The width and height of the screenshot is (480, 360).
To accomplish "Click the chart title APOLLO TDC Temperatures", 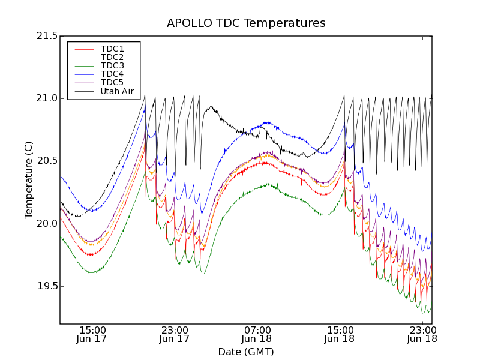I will [246, 23].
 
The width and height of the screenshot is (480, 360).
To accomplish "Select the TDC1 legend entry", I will [112, 49].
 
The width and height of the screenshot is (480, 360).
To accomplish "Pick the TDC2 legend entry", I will [112, 57].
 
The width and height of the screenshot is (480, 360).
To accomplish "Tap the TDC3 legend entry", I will [112, 65].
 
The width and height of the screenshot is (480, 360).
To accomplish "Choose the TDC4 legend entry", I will [112, 74].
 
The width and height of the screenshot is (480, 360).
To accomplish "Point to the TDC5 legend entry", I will [112, 82].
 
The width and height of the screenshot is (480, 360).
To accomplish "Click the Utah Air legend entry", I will [117, 92].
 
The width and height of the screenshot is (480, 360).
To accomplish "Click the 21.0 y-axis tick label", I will [46, 98].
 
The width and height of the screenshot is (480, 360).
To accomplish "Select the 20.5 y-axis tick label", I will [46, 161].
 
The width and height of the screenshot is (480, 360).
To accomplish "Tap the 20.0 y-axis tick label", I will [46, 223].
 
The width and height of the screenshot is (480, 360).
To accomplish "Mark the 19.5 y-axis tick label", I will [46, 286].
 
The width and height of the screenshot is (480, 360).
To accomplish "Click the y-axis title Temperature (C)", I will [29, 180].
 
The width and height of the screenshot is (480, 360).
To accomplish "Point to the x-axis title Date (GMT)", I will [246, 352].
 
